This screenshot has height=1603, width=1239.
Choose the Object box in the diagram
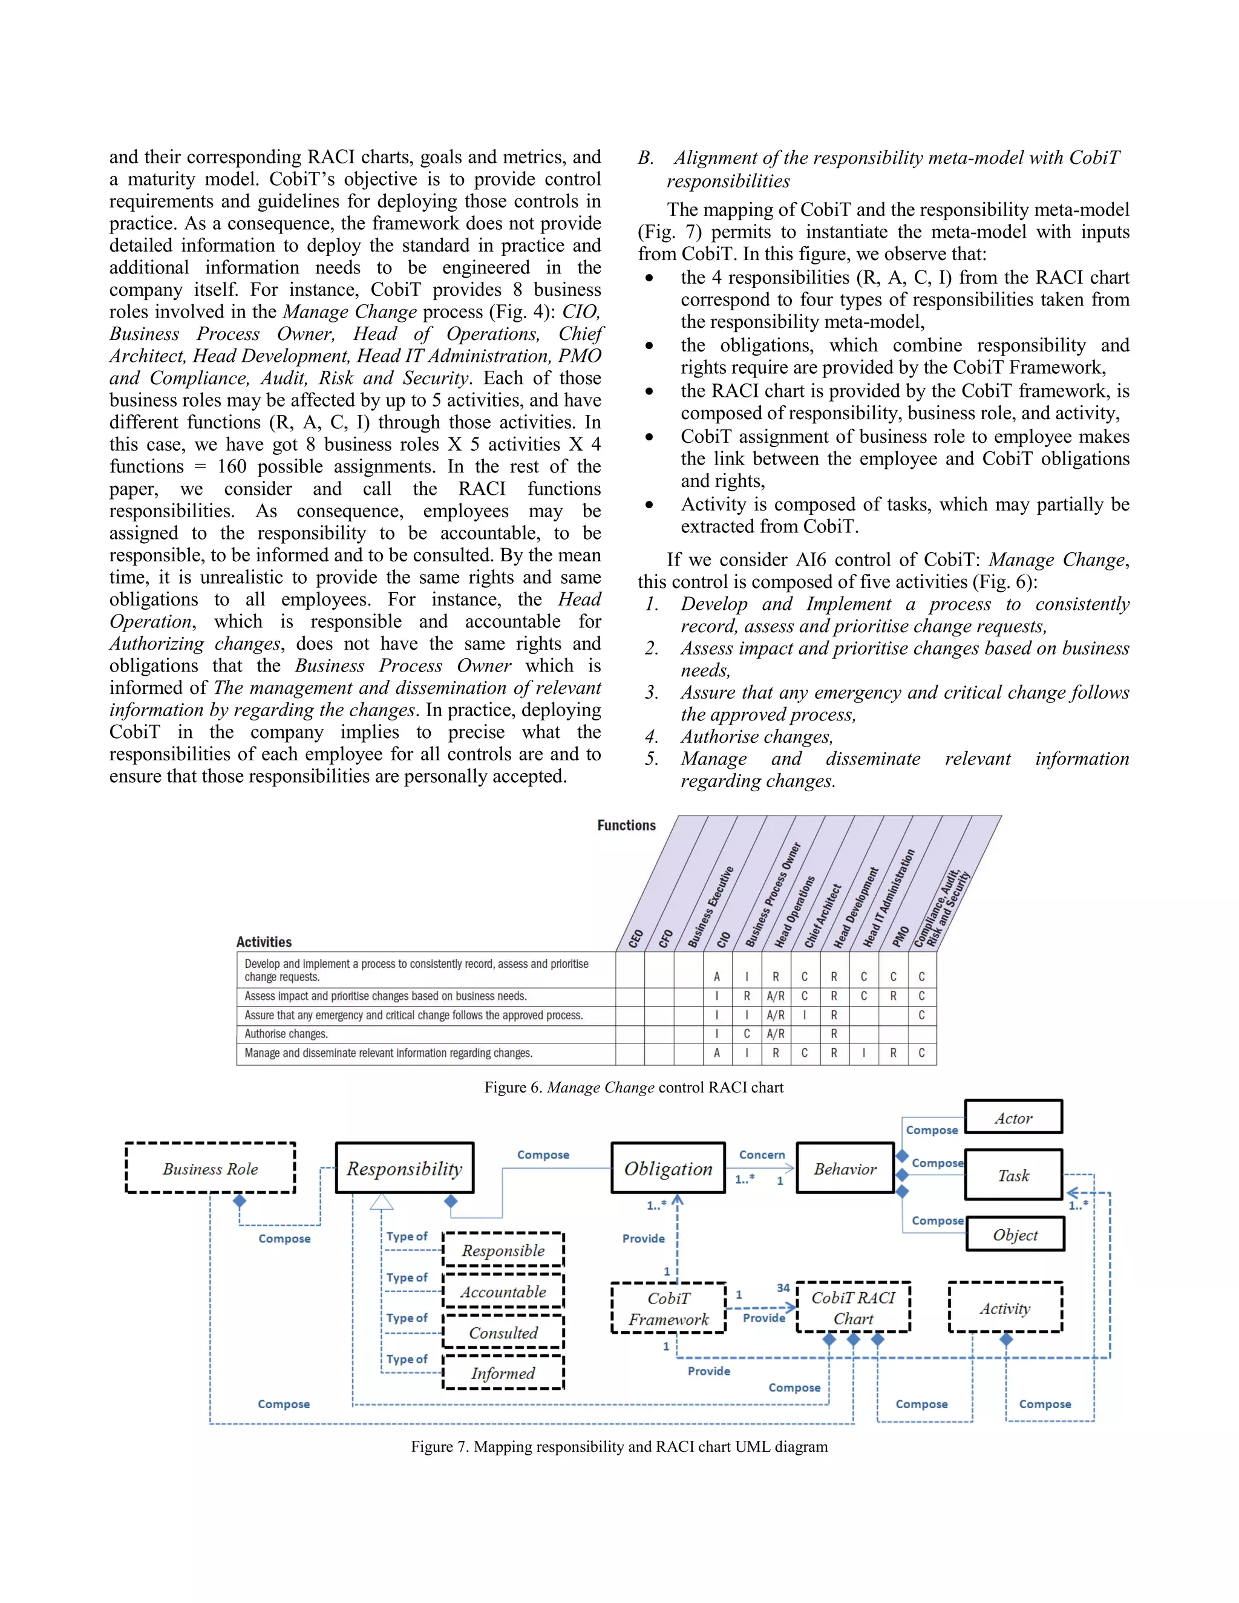(x=1015, y=1235)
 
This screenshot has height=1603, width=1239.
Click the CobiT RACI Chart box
(x=853, y=1308)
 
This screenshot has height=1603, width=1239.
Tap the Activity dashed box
(x=1005, y=1308)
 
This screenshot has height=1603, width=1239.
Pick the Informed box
(x=503, y=1373)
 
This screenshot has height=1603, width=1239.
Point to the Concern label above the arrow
(x=762, y=1155)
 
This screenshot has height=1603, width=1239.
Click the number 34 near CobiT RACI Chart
(x=783, y=1288)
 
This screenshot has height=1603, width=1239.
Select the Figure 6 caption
(x=633, y=1087)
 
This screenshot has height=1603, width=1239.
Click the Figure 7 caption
(x=619, y=1446)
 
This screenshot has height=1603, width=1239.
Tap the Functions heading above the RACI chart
(x=626, y=825)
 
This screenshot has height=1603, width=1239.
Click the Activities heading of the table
(x=264, y=942)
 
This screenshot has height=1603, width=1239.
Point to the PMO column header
(x=901, y=936)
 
